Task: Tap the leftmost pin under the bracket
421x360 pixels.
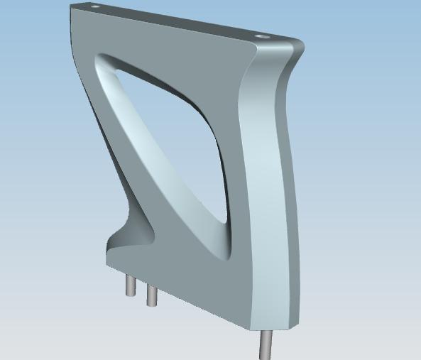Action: point(131,285)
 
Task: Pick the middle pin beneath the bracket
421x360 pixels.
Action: point(151,295)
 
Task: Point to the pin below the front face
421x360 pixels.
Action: point(265,344)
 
